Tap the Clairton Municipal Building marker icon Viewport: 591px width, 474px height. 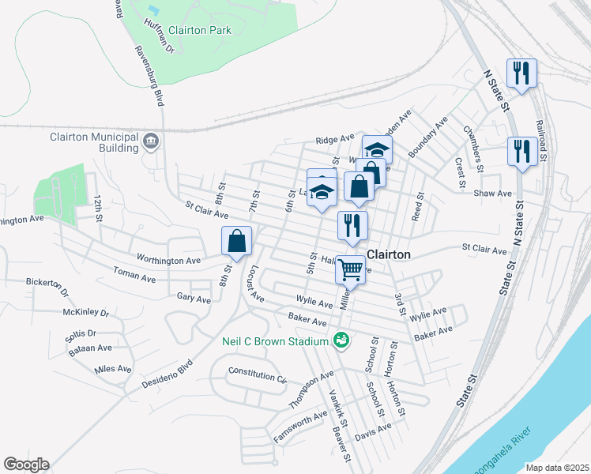click(x=152, y=142)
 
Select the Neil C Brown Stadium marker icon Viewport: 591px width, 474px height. click(x=341, y=340)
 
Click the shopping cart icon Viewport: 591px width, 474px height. click(x=350, y=269)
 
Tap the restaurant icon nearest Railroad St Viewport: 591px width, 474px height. click(x=521, y=73)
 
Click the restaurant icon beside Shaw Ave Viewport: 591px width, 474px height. click(x=521, y=151)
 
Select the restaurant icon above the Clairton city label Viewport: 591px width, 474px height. click(x=352, y=225)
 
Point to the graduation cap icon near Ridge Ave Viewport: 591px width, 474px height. click(x=378, y=149)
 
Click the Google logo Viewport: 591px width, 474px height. click(x=26, y=465)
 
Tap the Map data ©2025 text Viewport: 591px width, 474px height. click(x=557, y=468)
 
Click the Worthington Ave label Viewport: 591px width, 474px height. click(x=168, y=259)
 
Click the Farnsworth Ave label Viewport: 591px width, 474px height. click(x=299, y=427)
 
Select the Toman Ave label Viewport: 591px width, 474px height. click(x=134, y=278)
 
